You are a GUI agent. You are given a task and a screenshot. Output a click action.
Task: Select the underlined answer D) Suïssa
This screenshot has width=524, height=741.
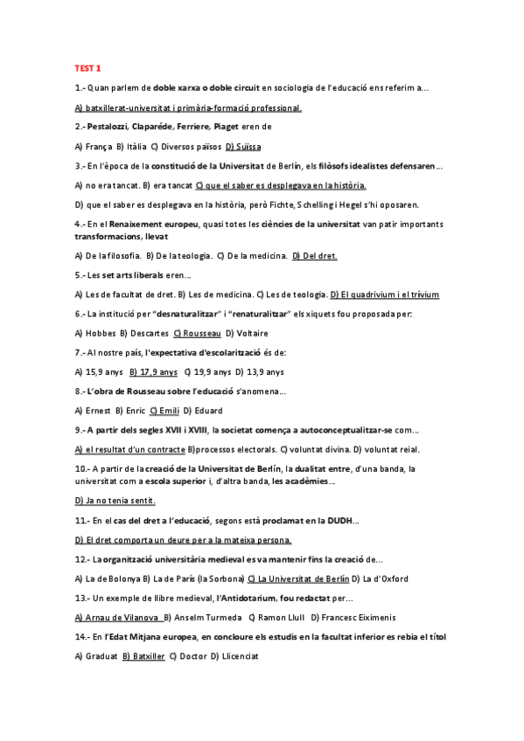[243, 147]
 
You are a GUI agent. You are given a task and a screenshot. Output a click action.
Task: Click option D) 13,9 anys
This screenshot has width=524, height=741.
[260, 371]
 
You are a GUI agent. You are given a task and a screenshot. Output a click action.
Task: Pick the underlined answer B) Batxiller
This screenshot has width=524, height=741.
[143, 655]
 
